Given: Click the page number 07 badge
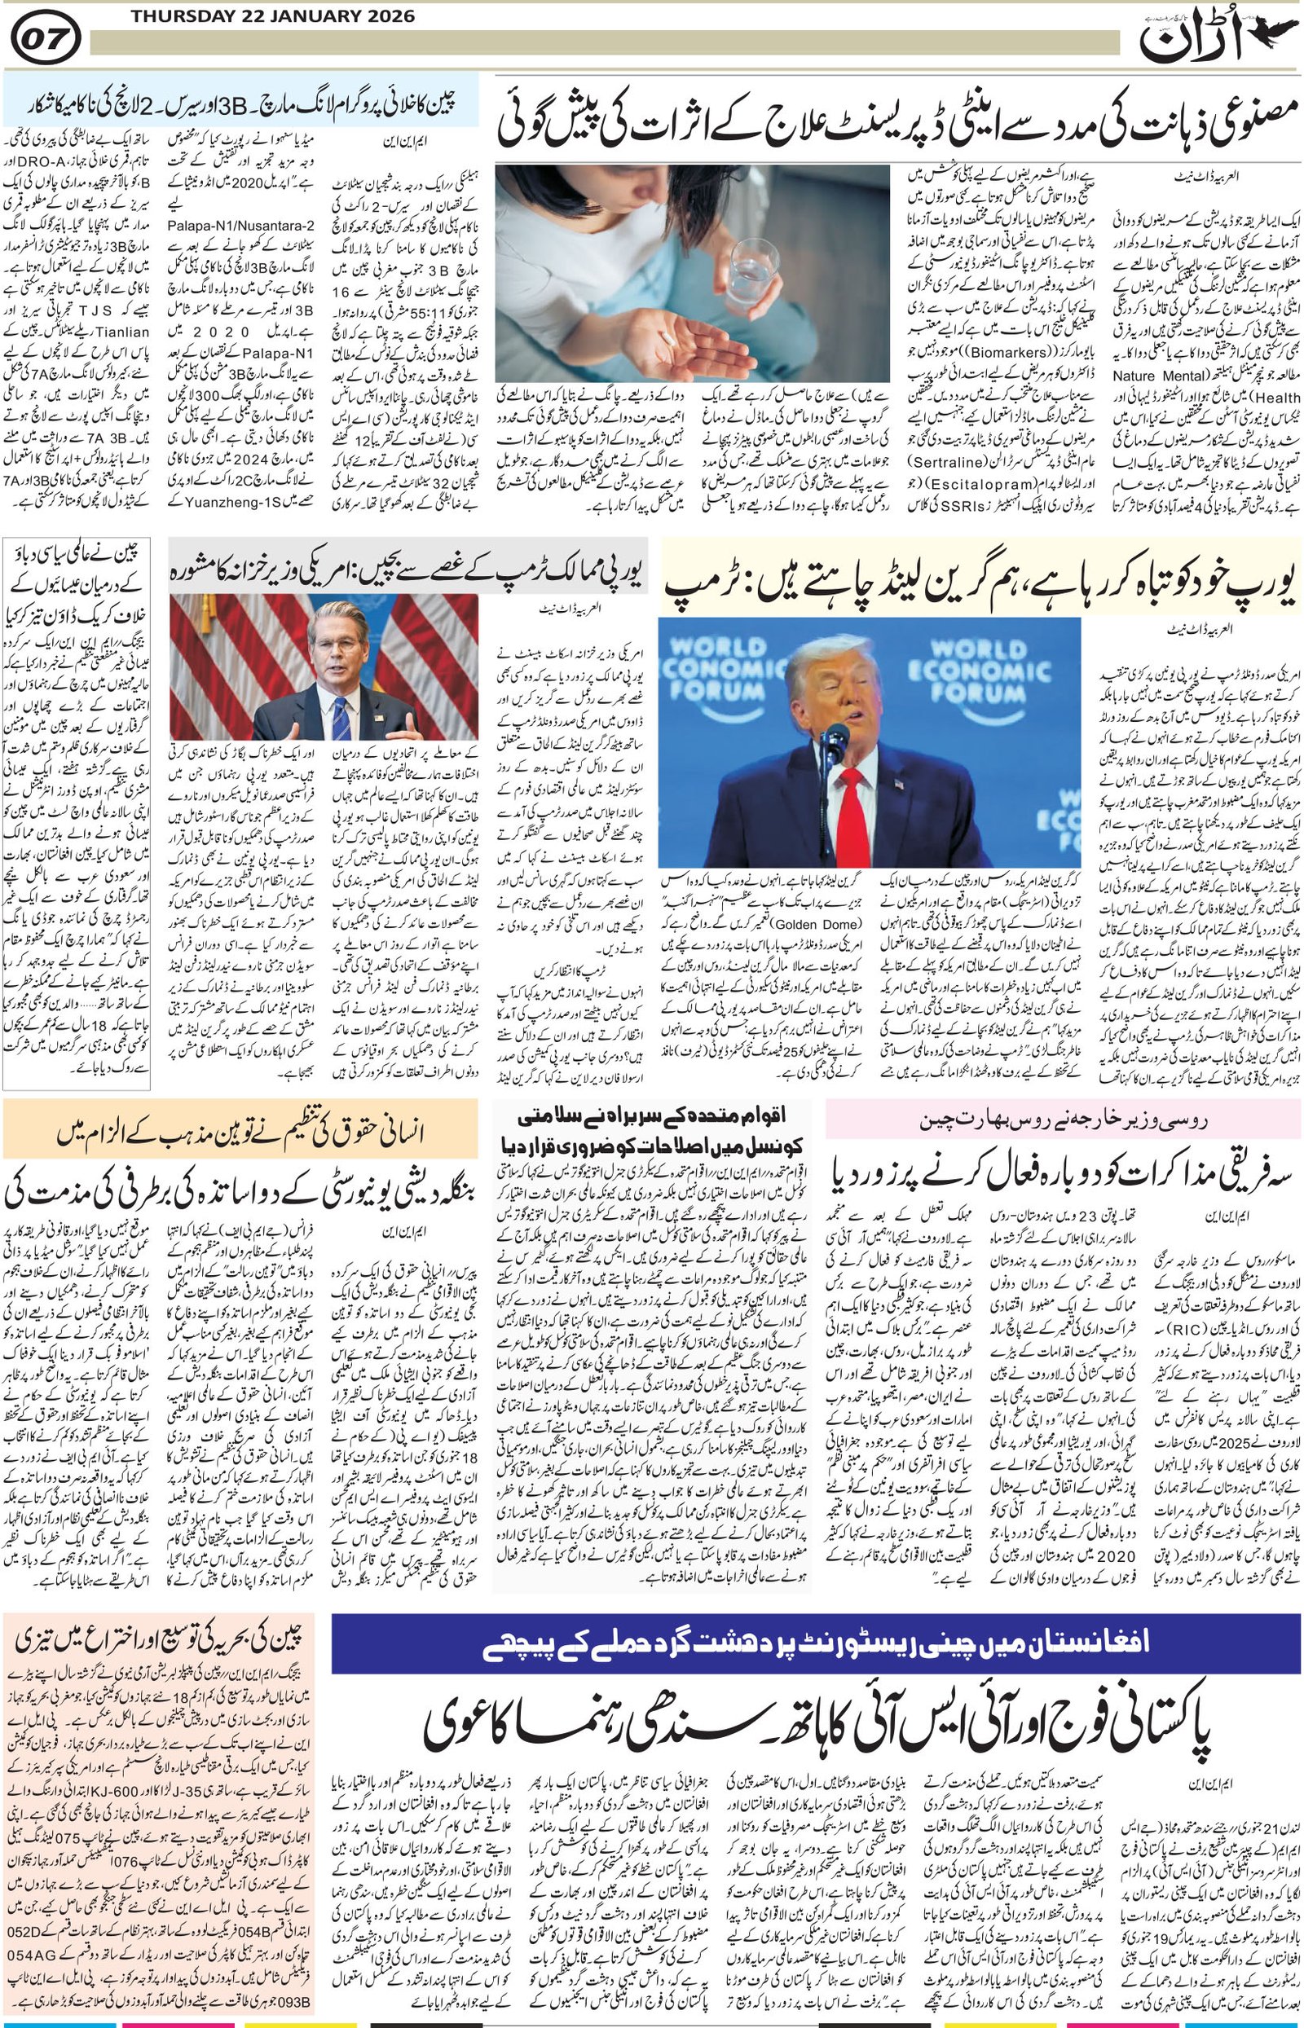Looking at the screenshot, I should tap(45, 39).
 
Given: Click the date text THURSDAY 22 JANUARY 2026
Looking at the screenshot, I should tap(273, 16).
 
